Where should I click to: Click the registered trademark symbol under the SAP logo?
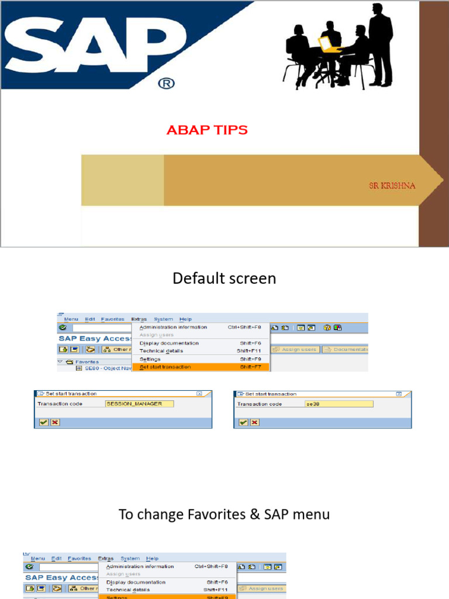pyautogui.click(x=166, y=84)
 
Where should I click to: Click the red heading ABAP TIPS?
pyautogui.click(x=207, y=130)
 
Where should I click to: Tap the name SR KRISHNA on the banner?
pyautogui.click(x=392, y=185)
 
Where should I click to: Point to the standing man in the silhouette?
pyautogui.click(x=380, y=44)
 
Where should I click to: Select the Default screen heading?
pyautogui.click(x=224, y=278)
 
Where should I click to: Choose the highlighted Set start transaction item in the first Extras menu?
pyautogui.click(x=165, y=367)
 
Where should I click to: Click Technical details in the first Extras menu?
pyautogui.click(x=161, y=351)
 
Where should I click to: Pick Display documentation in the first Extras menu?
pyautogui.click(x=169, y=343)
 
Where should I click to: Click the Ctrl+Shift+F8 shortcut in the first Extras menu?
pyautogui.click(x=244, y=327)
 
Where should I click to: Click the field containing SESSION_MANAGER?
pyautogui.click(x=140, y=404)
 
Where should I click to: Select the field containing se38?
pyautogui.click(x=339, y=404)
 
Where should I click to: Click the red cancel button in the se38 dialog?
pyautogui.click(x=254, y=422)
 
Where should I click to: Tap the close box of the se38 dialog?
pyautogui.click(x=399, y=394)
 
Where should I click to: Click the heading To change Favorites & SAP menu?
pyautogui.click(x=224, y=515)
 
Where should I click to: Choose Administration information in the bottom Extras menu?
pyautogui.click(x=140, y=566)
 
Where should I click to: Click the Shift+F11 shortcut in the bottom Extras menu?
pyautogui.click(x=216, y=590)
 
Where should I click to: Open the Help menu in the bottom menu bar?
pyautogui.click(x=152, y=559)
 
